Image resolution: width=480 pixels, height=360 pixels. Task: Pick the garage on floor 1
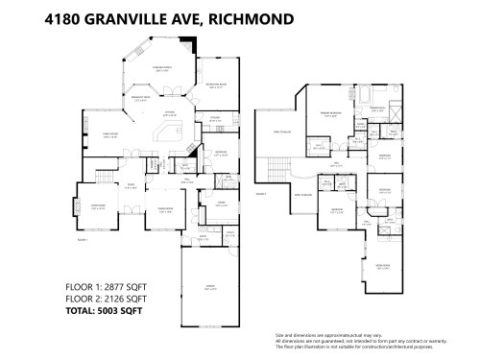tap(208, 285)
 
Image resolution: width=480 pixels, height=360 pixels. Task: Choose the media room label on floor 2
tap(382, 267)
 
